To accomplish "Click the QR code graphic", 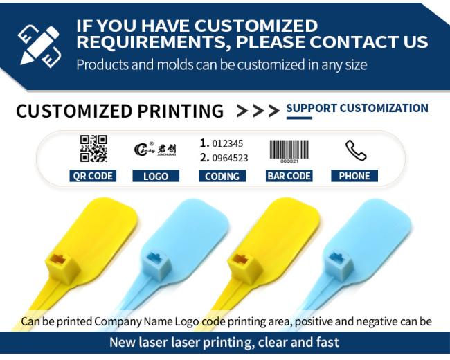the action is point(93,148).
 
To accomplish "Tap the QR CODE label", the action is point(93,176).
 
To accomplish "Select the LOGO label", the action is point(156,176).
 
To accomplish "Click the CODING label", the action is point(222,176).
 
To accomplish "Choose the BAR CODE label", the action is point(289,176).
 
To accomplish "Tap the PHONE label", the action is point(354,176).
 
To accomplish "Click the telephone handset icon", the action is point(356,150).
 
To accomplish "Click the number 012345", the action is point(228,143).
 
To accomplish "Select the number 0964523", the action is point(230,158).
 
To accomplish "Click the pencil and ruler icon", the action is point(39,45).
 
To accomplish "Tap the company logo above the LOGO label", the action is point(155,150).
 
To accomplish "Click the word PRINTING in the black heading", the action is point(181,111).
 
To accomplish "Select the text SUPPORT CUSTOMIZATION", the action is point(357,108).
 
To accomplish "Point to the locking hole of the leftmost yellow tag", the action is point(58,259).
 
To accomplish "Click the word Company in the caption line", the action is point(118,321).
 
